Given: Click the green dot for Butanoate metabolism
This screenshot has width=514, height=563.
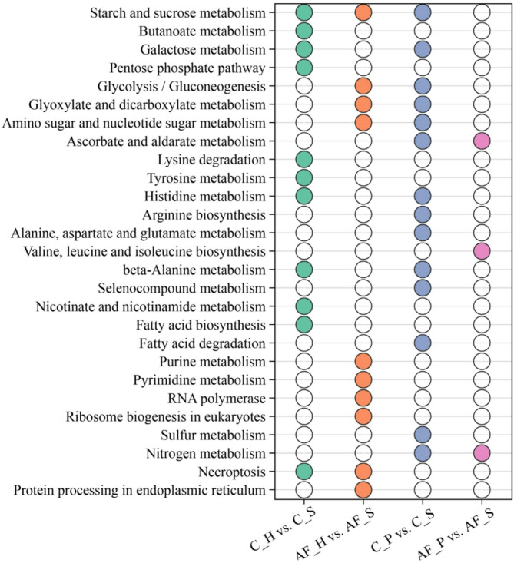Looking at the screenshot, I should pos(303,31).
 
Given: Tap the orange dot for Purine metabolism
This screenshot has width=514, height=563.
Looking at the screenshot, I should pos(363,361).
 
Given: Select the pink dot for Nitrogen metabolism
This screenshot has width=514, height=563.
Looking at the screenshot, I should pos(482,453).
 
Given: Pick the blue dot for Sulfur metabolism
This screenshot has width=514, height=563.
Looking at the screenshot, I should pos(423,435).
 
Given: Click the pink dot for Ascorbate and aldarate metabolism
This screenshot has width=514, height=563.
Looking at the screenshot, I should pos(482,141).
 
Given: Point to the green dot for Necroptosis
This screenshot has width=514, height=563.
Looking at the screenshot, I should pos(303,472).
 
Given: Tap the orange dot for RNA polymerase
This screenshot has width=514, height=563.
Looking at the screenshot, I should pos(363,398).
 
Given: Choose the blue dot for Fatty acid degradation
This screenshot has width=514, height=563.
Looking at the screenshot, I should pos(423,343).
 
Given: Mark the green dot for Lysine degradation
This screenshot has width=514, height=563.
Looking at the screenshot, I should pos(303,160).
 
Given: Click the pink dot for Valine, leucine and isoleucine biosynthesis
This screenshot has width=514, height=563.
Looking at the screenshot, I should pos(482,251).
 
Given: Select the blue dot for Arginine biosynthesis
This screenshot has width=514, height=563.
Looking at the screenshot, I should pos(423,214).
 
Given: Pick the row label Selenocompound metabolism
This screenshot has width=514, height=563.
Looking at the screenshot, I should pos(194,288).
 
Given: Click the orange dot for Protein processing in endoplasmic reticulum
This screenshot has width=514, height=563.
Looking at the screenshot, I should pos(363,489).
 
